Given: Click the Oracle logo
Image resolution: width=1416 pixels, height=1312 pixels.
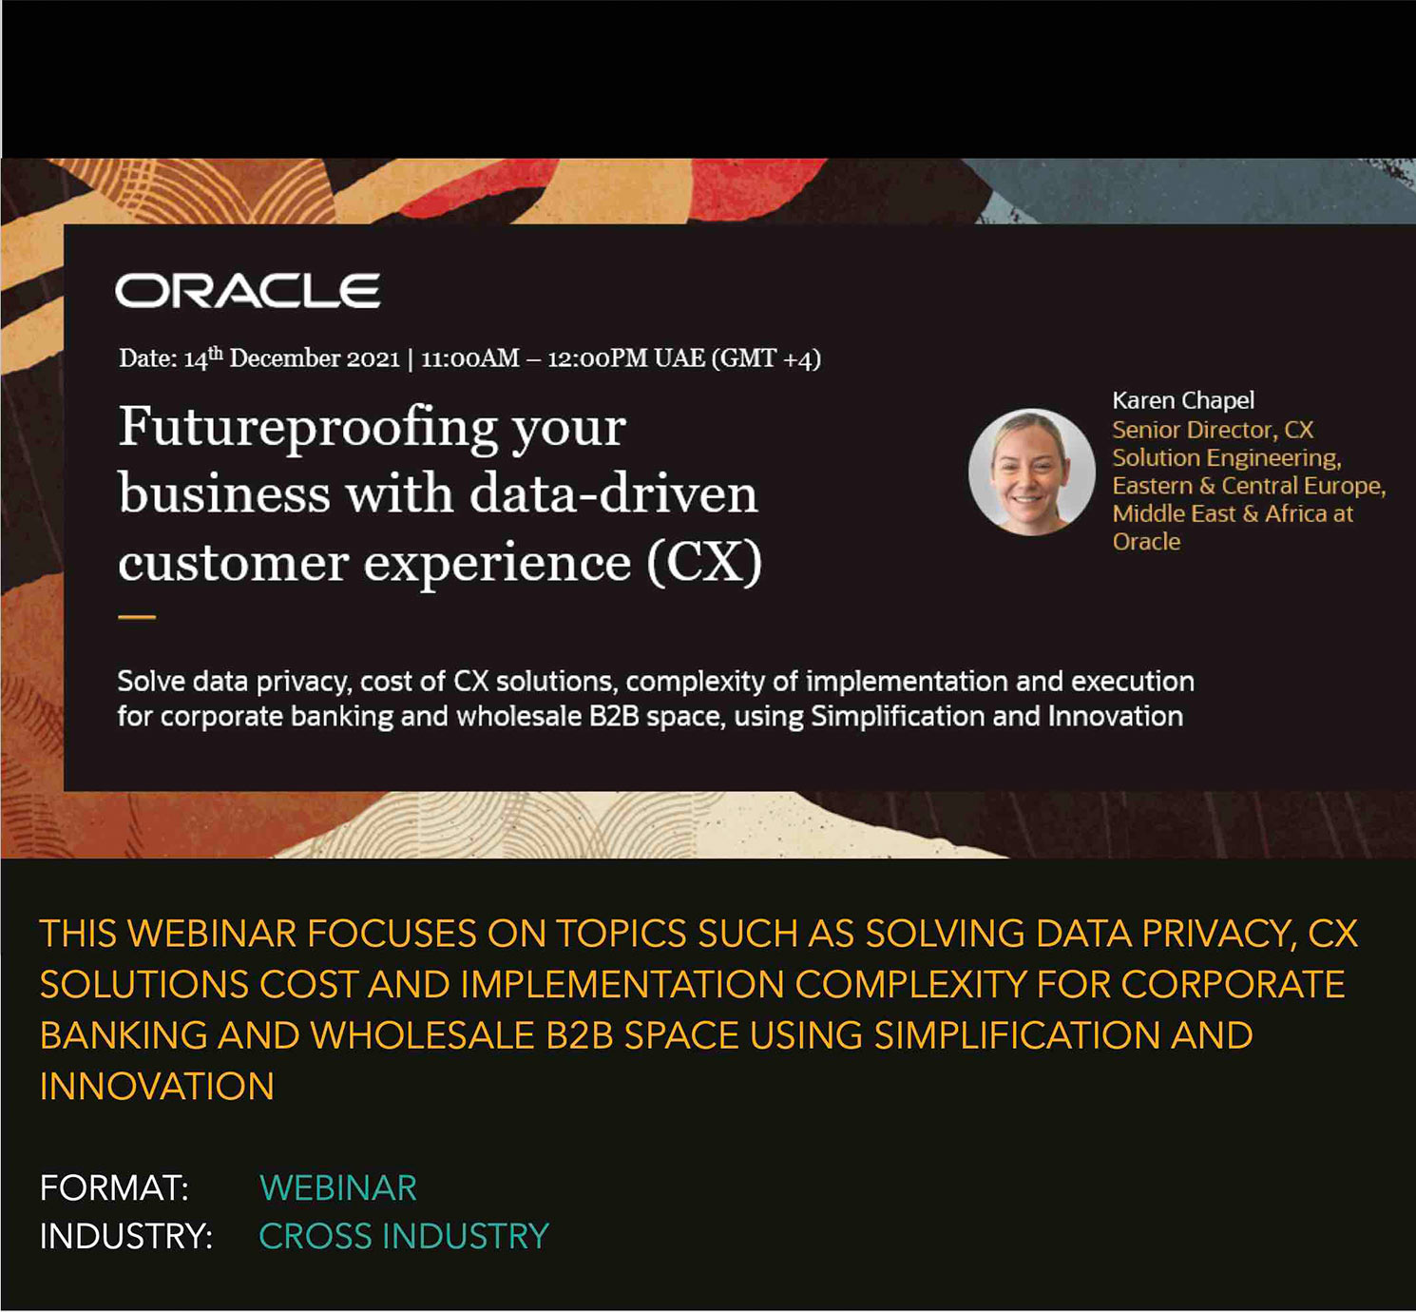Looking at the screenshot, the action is [x=247, y=290].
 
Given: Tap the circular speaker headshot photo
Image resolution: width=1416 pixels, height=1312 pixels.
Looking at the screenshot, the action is [x=1032, y=472].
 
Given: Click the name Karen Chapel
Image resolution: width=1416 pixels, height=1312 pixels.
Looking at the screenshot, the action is [x=1183, y=401].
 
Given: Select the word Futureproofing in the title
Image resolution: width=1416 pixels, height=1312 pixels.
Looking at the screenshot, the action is [x=308, y=428].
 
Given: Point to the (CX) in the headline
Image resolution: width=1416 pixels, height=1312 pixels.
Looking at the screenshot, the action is [x=704, y=563].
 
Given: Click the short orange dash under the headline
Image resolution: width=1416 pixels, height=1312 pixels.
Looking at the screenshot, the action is [x=137, y=617].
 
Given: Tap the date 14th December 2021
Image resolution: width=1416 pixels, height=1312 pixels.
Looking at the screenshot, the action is [x=292, y=357].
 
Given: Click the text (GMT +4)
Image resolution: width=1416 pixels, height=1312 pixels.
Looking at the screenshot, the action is [x=766, y=358].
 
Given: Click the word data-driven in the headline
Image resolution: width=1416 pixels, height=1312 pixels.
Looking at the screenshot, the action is [x=613, y=493].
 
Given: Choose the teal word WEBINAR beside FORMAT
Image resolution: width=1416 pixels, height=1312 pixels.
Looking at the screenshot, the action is [x=338, y=1187].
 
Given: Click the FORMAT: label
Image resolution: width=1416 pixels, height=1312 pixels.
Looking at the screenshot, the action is [x=114, y=1187].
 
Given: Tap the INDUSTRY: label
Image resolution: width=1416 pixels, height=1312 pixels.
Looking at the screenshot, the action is [x=126, y=1236].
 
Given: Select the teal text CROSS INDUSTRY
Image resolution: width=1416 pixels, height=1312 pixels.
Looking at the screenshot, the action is [x=404, y=1236].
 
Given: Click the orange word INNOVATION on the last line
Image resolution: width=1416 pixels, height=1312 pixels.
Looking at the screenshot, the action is [x=157, y=1087].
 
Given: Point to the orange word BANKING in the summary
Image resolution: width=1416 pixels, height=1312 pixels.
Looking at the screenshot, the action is [x=124, y=1035].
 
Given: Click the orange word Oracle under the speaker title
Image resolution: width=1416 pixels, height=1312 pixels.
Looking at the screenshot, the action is [x=1146, y=542].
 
